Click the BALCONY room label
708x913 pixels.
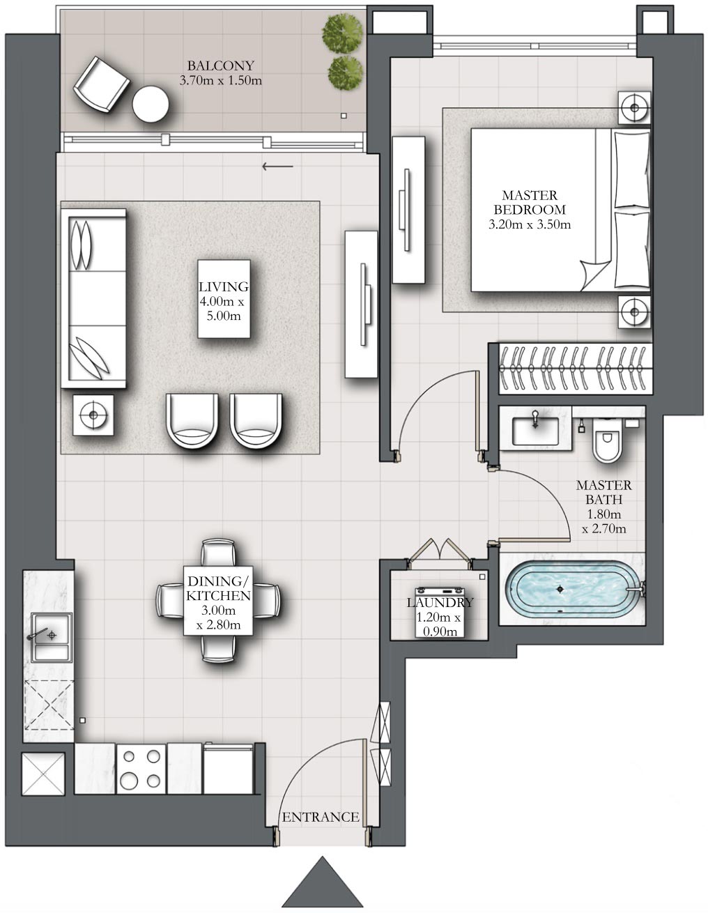[220, 66]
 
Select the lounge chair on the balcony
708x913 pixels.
[101, 83]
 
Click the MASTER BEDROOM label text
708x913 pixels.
[530, 203]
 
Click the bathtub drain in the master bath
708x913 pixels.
[560, 589]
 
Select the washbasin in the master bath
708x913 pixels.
[535, 428]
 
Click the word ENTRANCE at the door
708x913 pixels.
[321, 817]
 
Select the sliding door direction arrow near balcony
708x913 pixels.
[277, 167]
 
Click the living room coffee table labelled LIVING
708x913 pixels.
[224, 299]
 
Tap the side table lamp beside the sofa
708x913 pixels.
[93, 415]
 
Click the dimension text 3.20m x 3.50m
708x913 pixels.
[530, 224]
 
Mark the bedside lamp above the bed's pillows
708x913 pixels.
[635, 107]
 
